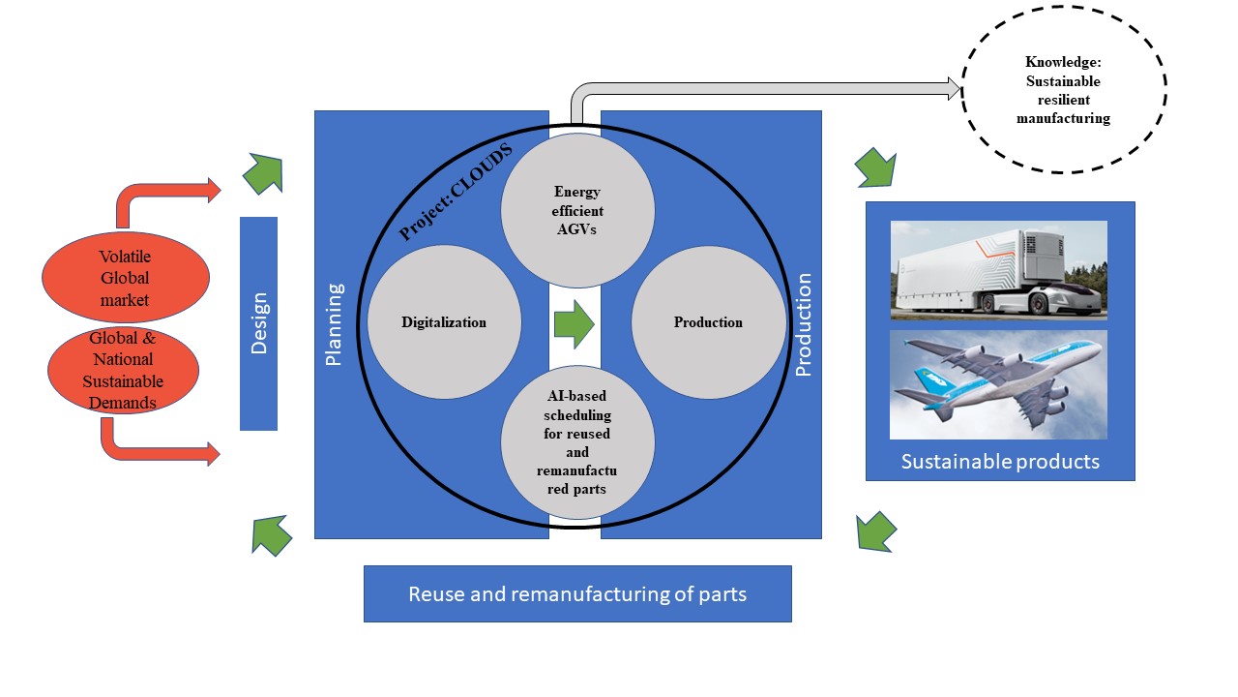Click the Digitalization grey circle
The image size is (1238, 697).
point(444,322)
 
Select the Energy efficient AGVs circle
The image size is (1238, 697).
point(577,210)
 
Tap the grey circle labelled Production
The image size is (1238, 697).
point(708,322)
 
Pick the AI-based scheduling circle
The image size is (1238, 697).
point(577,442)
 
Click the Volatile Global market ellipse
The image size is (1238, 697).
point(126,277)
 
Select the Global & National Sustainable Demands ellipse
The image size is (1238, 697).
point(123,370)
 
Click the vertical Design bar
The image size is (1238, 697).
point(258,323)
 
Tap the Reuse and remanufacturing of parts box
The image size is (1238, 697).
point(577,593)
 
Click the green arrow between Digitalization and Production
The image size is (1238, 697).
point(575,324)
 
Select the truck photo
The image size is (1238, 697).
point(999,270)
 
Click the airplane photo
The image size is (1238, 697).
point(999,384)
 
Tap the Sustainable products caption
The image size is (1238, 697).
point(1000,462)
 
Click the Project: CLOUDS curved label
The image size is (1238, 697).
point(456,192)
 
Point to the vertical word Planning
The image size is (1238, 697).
point(334,324)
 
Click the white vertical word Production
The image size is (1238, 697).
point(803,324)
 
